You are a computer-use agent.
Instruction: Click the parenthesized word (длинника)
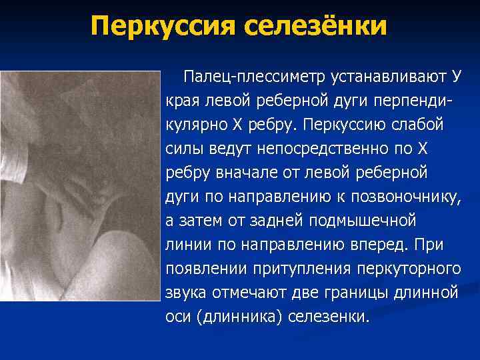(240, 315)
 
